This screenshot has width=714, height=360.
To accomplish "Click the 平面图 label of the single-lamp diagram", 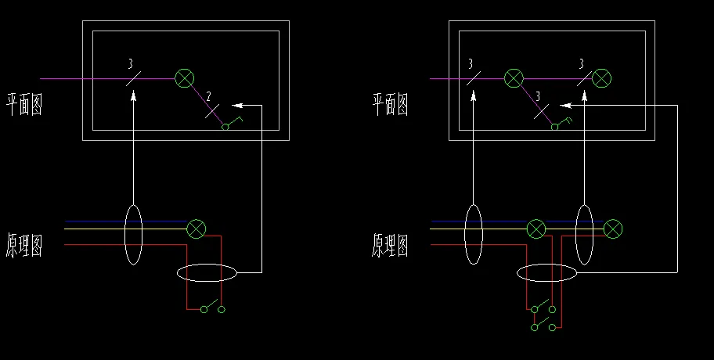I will (24, 104).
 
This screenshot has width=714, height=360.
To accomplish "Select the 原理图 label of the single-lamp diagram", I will (24, 245).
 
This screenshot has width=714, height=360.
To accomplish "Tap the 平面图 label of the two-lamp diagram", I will (390, 104).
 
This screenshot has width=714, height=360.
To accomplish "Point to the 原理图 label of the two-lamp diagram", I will (390, 245).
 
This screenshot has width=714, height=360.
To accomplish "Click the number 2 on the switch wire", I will (208, 96).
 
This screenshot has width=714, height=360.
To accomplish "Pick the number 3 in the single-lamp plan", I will (130, 63).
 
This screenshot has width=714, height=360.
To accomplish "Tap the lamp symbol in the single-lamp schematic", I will (197, 229).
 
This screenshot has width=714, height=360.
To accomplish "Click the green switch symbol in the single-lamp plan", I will (229, 123).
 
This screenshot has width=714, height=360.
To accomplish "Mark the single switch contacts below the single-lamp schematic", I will (212, 308).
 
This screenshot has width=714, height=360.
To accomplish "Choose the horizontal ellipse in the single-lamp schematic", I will (207, 272).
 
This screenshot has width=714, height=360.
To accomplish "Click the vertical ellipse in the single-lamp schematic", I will (133, 235).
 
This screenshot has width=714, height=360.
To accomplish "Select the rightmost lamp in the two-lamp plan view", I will (601, 77).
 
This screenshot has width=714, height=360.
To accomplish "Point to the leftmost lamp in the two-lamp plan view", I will (514, 77).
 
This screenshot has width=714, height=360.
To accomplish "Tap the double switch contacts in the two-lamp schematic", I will (544, 316).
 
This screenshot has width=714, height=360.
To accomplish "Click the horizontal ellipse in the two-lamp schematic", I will (546, 272).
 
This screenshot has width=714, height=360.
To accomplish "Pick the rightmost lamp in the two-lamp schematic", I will (614, 229).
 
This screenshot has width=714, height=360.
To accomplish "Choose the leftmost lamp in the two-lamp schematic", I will (535, 229).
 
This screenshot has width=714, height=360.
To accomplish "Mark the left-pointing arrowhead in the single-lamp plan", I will (239, 105).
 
